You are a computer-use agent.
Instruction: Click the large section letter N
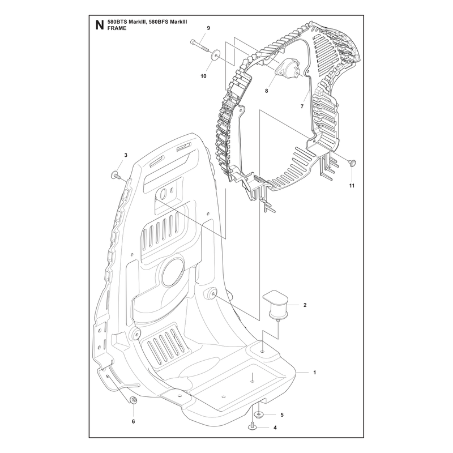click(x=100, y=25)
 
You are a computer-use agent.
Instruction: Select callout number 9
click(x=208, y=28)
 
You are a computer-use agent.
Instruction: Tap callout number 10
click(x=203, y=76)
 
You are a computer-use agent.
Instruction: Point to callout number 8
click(x=266, y=91)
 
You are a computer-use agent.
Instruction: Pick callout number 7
click(x=302, y=106)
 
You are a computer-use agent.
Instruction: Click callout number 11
click(x=352, y=186)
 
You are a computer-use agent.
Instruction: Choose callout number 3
click(x=126, y=155)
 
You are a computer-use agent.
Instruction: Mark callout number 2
click(x=305, y=305)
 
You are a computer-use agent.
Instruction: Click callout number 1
click(x=315, y=373)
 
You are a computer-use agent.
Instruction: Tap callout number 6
click(x=133, y=421)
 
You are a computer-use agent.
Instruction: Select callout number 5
click(x=282, y=415)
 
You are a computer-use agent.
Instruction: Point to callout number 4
click(x=275, y=428)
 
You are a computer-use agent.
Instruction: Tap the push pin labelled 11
click(x=352, y=163)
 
